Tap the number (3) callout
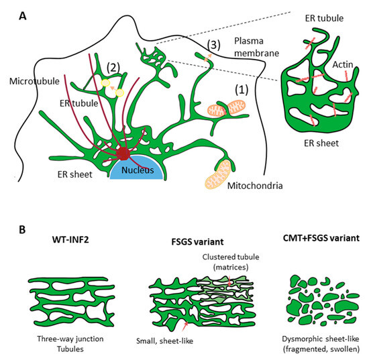click(x=213, y=45)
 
